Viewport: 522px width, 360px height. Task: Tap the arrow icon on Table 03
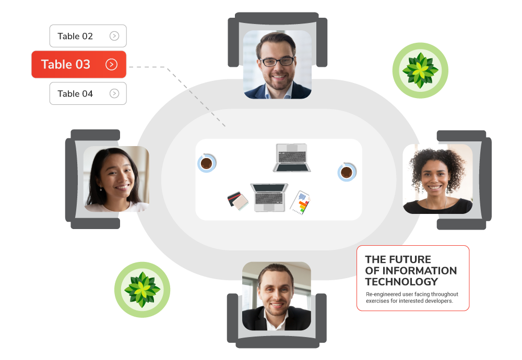point(111,64)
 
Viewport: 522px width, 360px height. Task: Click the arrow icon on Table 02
point(114,36)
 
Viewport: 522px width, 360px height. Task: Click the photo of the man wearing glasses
point(277,64)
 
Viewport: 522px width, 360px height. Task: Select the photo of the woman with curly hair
point(437,178)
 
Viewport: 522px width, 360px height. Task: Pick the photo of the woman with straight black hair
point(116,179)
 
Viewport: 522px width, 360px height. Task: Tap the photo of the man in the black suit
point(276,296)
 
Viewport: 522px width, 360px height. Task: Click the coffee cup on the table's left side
point(207,163)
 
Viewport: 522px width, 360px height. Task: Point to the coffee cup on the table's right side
point(346,172)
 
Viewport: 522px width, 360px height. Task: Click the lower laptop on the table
point(269,197)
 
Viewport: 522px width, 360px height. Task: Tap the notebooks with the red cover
point(238,201)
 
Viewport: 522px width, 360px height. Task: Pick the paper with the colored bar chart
point(300,202)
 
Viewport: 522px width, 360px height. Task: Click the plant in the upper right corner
point(420,70)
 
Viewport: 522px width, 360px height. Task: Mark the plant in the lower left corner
point(142,290)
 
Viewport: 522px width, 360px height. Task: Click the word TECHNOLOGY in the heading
point(401,282)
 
